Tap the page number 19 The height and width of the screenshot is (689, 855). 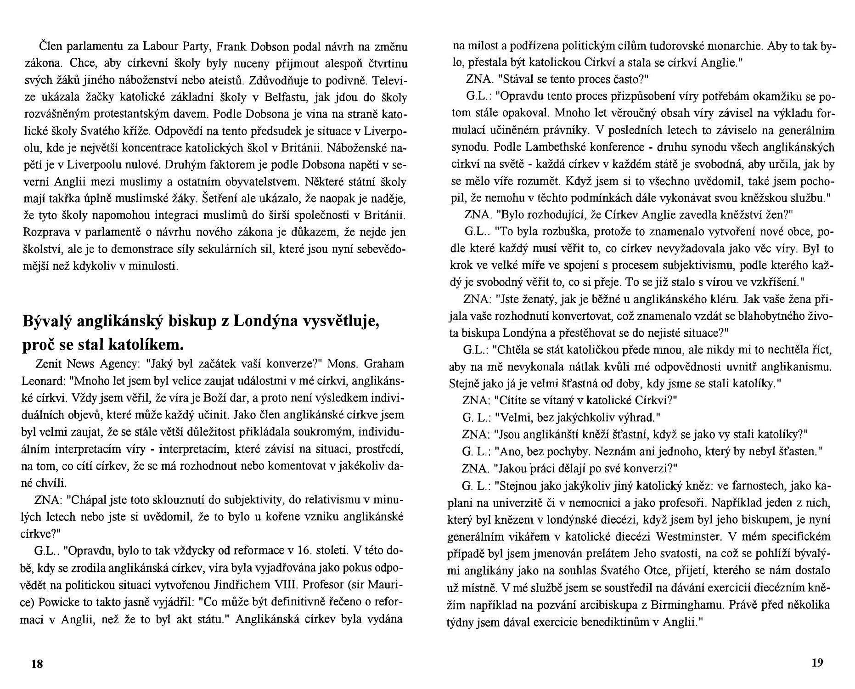(x=817, y=662)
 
